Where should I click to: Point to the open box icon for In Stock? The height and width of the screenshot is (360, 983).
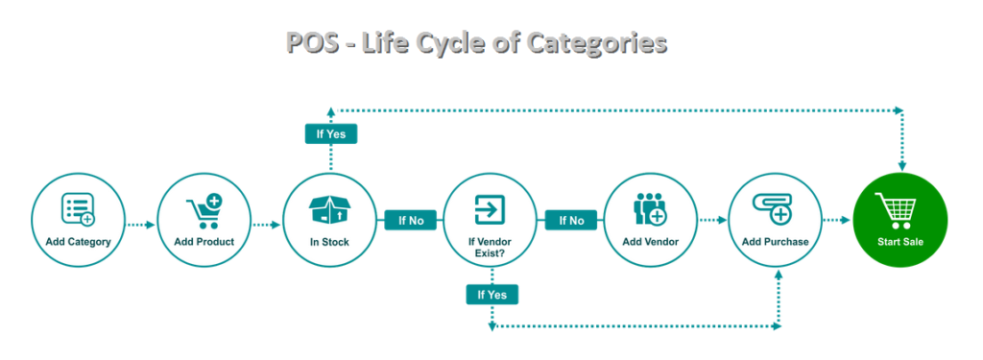click(328, 209)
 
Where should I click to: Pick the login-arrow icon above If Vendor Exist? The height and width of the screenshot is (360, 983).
click(490, 207)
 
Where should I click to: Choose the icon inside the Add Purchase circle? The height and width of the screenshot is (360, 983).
click(774, 208)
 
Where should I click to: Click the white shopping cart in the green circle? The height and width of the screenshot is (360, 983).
click(899, 209)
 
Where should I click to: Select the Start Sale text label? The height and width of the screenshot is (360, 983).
click(899, 241)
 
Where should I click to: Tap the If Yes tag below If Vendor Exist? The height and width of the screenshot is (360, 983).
click(491, 294)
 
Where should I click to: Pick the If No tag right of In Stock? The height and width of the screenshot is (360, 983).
click(411, 220)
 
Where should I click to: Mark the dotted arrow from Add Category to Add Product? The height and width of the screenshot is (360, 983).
click(141, 225)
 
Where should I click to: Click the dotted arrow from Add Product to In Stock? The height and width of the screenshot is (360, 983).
click(266, 225)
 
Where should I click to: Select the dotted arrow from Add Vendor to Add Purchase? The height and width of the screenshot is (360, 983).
click(711, 220)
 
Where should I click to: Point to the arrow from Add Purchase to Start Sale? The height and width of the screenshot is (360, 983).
click(837, 220)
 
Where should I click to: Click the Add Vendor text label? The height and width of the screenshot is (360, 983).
click(650, 241)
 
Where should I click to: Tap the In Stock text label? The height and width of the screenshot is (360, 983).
click(328, 241)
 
